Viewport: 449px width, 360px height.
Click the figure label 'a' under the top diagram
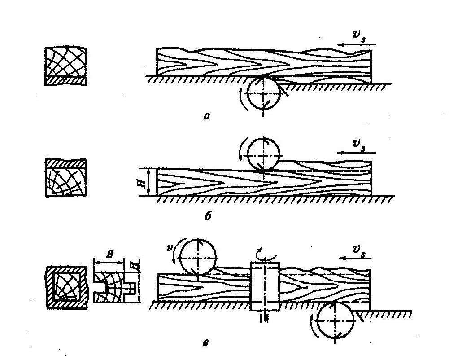click(207, 116)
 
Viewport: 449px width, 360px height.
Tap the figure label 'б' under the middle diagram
click(208, 216)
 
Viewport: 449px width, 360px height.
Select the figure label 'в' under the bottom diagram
click(205, 343)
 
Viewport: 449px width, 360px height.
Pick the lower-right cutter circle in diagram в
click(336, 321)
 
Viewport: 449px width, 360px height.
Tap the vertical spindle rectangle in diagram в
click(265, 286)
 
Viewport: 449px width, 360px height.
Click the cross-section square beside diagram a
click(66, 66)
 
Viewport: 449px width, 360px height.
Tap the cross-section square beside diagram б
click(66, 178)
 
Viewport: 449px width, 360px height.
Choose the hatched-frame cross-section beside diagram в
click(67, 287)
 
